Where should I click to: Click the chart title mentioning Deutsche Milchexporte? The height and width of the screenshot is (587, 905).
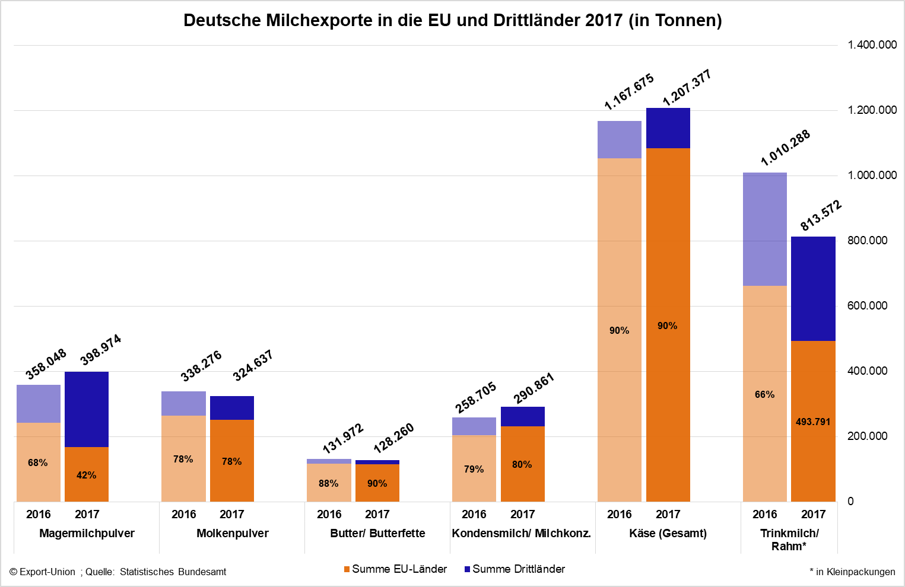pyautogui.click(x=452, y=20)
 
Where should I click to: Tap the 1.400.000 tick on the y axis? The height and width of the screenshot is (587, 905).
pyautogui.click(x=872, y=45)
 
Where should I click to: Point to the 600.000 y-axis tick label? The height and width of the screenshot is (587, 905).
pyautogui.click(x=867, y=306)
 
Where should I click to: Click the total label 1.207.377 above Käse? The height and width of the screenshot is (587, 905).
pyautogui.click(x=687, y=88)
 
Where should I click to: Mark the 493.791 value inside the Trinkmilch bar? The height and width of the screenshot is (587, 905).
pyautogui.click(x=812, y=422)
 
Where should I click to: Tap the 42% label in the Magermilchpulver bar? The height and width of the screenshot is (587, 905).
pyautogui.click(x=86, y=476)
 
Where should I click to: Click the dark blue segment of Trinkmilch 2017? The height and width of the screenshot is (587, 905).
pyautogui.click(x=813, y=289)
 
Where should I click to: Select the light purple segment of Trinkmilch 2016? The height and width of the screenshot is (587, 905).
pyautogui.click(x=764, y=229)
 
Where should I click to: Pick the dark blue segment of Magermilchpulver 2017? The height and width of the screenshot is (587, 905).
pyautogui.click(x=87, y=409)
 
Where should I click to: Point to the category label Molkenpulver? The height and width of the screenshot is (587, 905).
pyautogui.click(x=232, y=534)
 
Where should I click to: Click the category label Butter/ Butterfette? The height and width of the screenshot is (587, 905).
pyautogui.click(x=377, y=534)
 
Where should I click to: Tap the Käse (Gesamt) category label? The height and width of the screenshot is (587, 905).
pyautogui.click(x=668, y=534)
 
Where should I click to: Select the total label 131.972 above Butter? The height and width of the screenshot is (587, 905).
pyautogui.click(x=343, y=439)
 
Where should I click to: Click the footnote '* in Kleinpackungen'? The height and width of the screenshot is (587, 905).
pyautogui.click(x=852, y=572)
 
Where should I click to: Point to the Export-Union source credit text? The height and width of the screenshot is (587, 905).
pyautogui.click(x=118, y=572)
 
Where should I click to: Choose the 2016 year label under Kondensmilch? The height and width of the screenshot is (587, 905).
pyautogui.click(x=474, y=515)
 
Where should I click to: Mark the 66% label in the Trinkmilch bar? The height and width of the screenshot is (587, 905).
pyautogui.click(x=764, y=395)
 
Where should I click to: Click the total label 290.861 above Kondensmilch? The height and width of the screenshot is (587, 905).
pyautogui.click(x=534, y=388)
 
